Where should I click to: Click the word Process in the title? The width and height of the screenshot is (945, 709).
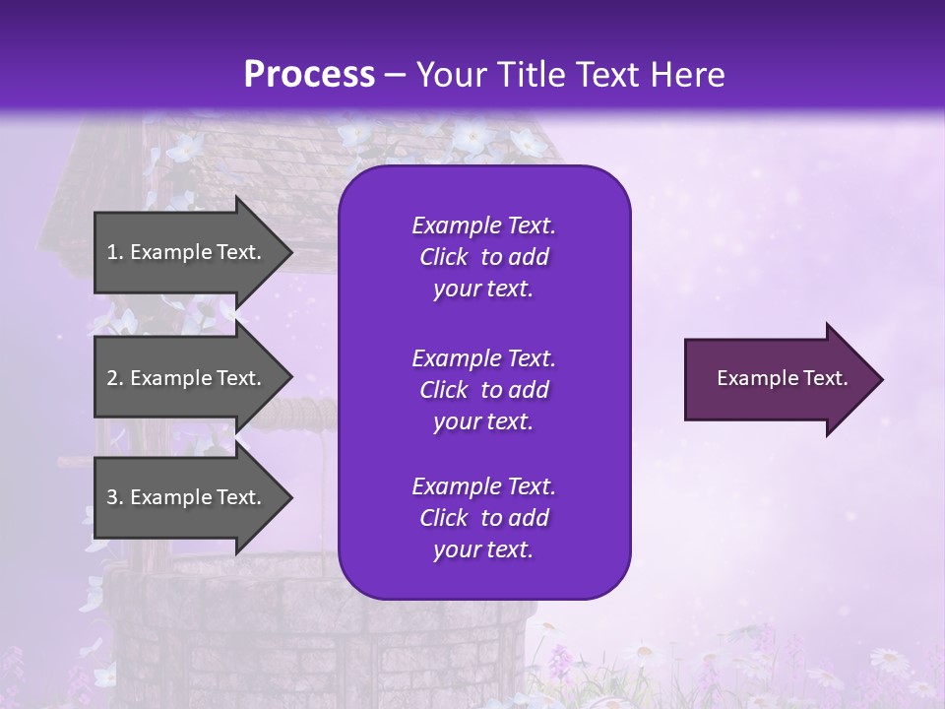pos(309,75)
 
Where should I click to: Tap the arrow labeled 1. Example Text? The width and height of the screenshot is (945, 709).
pos(187,252)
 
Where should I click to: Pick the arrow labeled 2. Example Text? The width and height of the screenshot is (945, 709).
pos(187,378)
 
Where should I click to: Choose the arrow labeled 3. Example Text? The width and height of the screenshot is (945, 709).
pos(187,497)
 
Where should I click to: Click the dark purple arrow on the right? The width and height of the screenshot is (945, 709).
pos(778,379)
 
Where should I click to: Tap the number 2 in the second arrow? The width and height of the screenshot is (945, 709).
pos(113,378)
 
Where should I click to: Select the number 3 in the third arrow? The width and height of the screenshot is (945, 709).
pos(113,497)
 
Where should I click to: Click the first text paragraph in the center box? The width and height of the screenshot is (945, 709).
pos(483,257)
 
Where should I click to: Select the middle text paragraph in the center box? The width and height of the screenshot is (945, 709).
pos(483,390)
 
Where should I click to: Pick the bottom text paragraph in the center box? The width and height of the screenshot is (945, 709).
pos(483,518)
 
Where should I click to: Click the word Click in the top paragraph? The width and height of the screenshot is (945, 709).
pos(443,257)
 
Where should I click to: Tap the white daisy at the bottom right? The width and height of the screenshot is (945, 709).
pos(889,659)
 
